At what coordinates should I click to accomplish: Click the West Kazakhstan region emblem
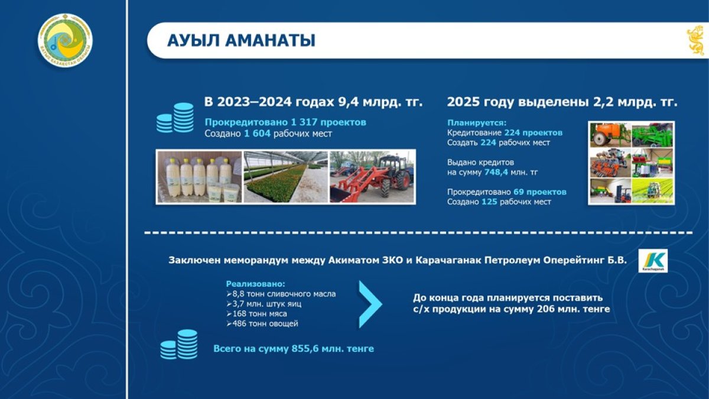click(x=65, y=40)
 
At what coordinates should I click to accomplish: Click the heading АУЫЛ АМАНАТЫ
click(x=241, y=41)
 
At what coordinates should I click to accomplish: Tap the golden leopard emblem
click(x=697, y=41)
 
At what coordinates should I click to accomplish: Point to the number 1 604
click(x=257, y=134)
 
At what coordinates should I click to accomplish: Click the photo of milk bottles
click(x=200, y=177)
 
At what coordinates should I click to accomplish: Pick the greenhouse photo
click(x=285, y=177)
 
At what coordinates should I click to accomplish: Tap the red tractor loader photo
click(x=372, y=177)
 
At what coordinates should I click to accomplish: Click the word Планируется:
click(x=477, y=123)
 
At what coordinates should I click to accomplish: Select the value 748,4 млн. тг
click(x=511, y=173)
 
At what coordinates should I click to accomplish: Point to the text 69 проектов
click(x=539, y=192)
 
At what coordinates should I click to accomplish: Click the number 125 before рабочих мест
click(x=489, y=202)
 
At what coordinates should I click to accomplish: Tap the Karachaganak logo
click(x=653, y=261)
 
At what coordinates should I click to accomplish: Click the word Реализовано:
click(x=255, y=284)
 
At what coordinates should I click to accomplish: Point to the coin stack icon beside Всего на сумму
click(x=179, y=345)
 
